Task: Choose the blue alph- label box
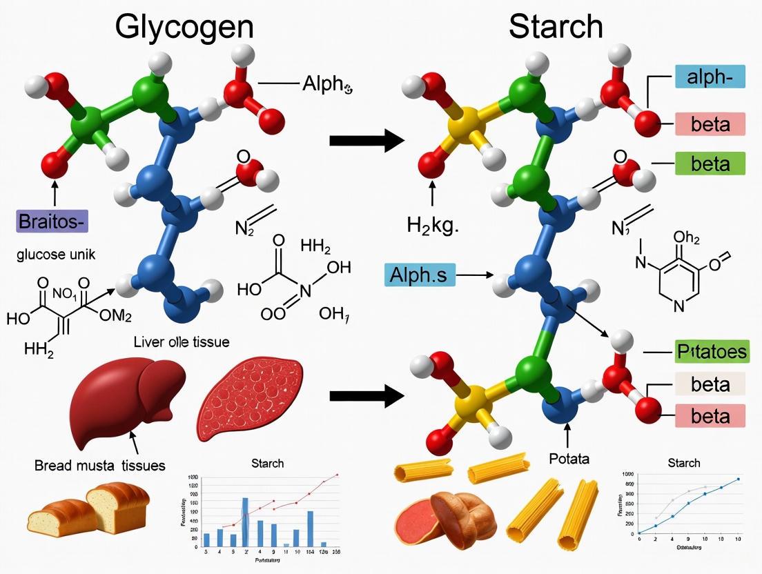[710, 77]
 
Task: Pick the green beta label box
[710, 164]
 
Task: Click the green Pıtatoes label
[710, 353]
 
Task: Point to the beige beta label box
[710, 384]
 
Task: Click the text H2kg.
[432, 224]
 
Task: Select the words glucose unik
[56, 254]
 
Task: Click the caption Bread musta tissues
[99, 465]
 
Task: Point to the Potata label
[568, 459]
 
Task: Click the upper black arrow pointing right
[366, 141]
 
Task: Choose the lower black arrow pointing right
[366, 396]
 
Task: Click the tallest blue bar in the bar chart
[245, 521]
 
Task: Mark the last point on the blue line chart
[738, 479]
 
